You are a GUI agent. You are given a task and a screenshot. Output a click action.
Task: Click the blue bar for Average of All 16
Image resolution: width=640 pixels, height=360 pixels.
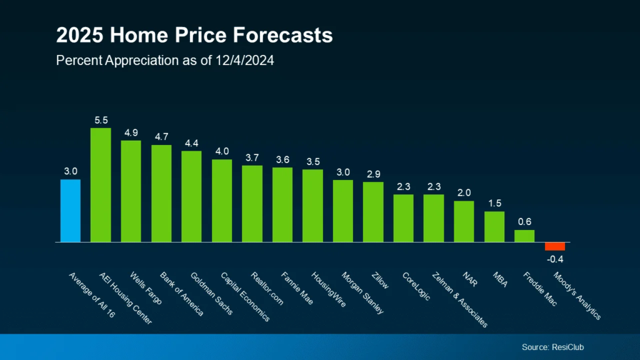coord(70,211)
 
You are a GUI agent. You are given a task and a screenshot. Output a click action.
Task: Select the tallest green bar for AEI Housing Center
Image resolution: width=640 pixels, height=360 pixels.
coord(101,185)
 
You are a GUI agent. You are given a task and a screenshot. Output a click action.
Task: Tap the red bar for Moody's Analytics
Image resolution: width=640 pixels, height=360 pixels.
coord(554,246)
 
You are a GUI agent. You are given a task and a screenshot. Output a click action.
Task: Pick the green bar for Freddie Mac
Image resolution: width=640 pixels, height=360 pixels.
coord(524,236)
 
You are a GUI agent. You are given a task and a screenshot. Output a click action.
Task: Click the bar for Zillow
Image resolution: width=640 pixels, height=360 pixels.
coord(373,212)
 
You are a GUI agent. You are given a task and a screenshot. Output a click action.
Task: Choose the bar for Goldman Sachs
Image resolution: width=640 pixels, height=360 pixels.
coord(191,196)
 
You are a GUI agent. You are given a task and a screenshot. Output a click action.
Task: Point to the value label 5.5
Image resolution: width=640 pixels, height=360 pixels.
coord(101,119)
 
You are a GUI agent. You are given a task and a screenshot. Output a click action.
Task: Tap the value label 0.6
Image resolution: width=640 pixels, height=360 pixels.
coord(524,221)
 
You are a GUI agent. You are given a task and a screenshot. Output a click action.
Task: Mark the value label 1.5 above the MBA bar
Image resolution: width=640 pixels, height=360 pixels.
coord(494,202)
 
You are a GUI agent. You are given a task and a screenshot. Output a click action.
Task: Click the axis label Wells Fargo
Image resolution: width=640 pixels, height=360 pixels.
coord(146,288)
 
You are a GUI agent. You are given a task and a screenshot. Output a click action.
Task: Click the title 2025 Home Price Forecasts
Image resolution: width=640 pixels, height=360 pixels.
coord(194,36)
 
